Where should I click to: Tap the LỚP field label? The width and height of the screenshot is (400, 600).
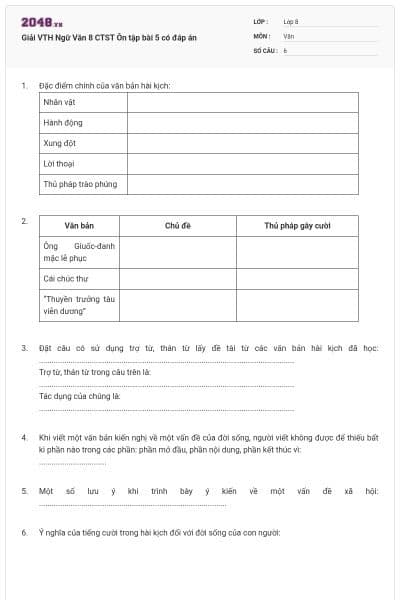[x=261, y=20]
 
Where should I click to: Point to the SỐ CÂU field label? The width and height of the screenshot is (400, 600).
[x=264, y=49]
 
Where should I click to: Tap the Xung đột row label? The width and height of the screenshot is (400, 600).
[x=60, y=143]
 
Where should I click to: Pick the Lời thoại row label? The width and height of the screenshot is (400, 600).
[x=60, y=164]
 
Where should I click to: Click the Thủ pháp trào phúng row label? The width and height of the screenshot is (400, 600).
[x=80, y=184]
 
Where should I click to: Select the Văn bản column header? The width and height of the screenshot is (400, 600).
[x=79, y=226]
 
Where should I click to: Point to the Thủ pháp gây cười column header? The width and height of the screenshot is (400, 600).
[x=297, y=226]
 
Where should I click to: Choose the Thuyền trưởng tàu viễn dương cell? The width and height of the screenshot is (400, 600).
[x=79, y=305]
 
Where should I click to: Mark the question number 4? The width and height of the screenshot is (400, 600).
[x=24, y=438]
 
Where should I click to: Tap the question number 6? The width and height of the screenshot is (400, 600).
[x=24, y=532]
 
